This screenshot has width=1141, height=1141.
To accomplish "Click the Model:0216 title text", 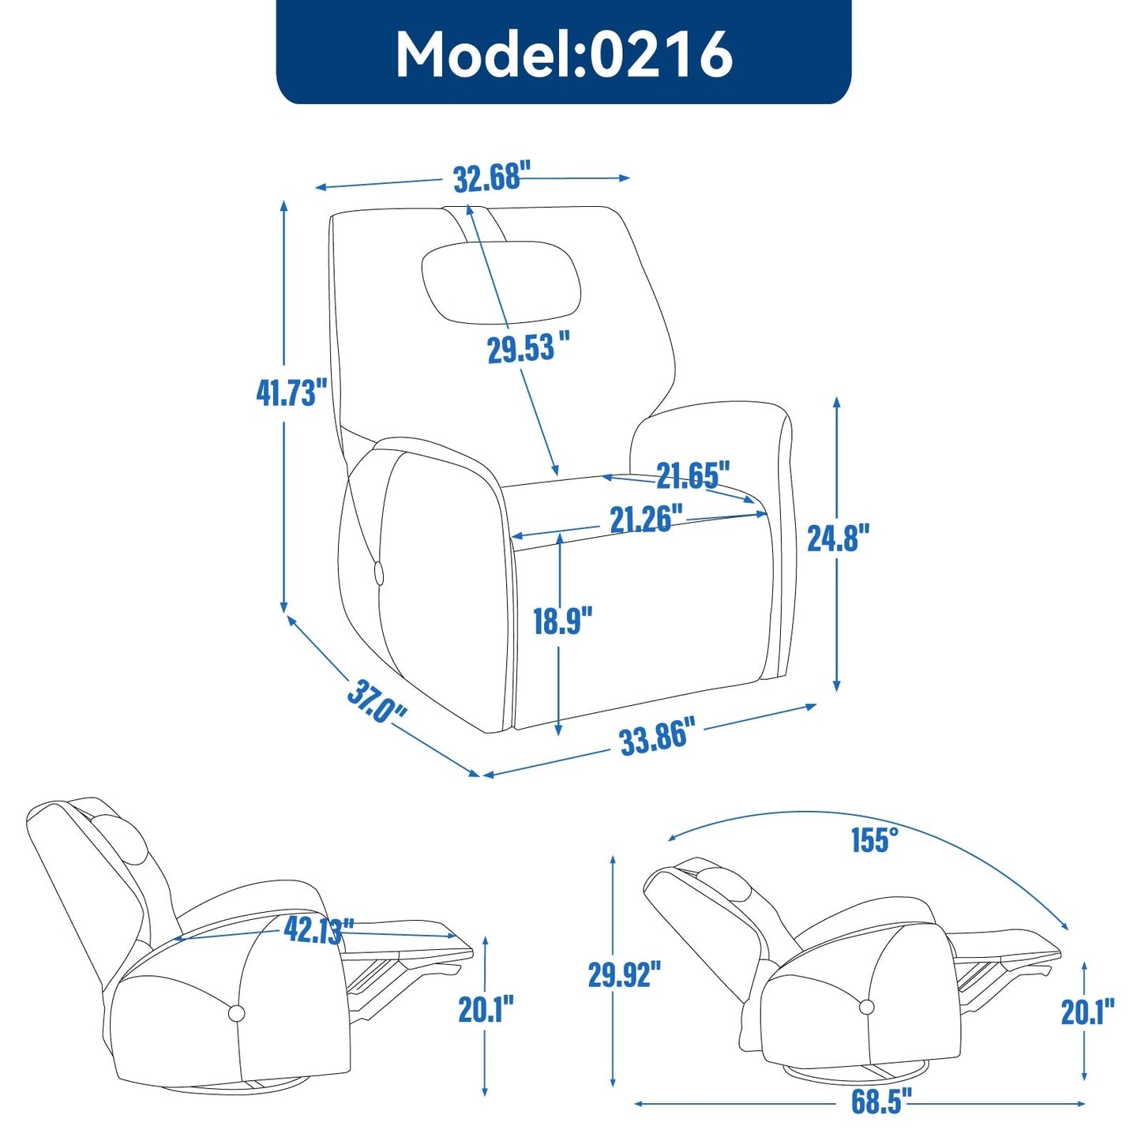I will (x=564, y=54).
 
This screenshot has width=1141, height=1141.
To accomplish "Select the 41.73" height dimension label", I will (x=291, y=392).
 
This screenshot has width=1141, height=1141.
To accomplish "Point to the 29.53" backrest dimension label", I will (x=527, y=348).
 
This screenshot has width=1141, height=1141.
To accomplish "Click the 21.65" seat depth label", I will (x=692, y=475).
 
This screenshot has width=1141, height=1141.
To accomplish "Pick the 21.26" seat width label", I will (x=645, y=519).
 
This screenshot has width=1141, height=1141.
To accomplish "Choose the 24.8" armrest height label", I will (x=838, y=538).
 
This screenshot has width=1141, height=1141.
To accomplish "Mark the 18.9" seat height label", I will (x=562, y=621).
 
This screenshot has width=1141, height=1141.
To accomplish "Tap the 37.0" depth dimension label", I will (x=376, y=701).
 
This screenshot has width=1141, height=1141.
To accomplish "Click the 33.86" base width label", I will (x=656, y=738).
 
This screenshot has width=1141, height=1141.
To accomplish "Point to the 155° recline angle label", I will (x=874, y=840).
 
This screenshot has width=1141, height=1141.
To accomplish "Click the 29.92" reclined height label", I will (x=624, y=974).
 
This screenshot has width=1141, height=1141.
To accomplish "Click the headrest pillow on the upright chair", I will (x=501, y=282).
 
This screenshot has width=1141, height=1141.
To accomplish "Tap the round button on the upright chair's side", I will (x=378, y=570).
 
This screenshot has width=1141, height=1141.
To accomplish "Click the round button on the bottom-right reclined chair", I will (x=866, y=1007).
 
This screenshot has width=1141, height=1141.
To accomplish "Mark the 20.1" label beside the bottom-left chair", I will (x=486, y=1009).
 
